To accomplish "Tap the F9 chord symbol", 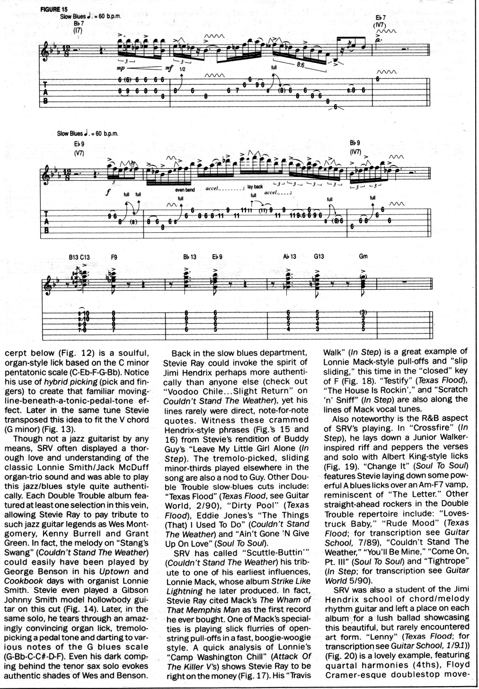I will (114, 257).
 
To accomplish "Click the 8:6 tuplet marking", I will (300, 64).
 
